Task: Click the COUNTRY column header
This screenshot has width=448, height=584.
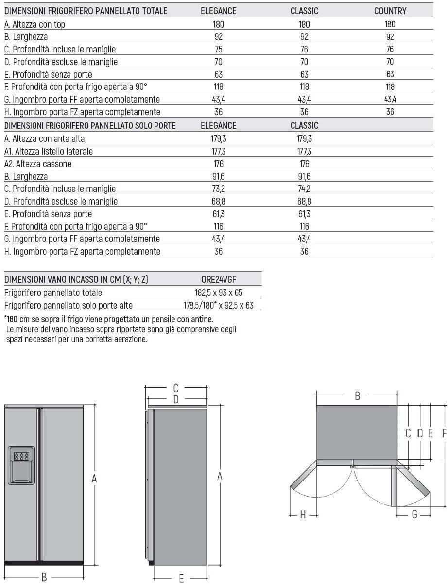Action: [x=390, y=11]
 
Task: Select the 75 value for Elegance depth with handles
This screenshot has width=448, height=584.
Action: [x=218, y=49]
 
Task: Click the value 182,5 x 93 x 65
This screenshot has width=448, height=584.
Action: [x=218, y=292]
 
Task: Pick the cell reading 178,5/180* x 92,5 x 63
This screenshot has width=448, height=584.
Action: [x=218, y=305]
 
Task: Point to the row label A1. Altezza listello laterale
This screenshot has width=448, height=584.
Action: [x=48, y=151]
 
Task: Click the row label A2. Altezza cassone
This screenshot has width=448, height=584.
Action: [x=37, y=164]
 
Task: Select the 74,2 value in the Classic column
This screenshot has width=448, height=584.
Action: [x=304, y=189]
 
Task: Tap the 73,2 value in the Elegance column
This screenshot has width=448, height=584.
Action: [x=218, y=189]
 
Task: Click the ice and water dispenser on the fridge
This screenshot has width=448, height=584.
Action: [x=21, y=465]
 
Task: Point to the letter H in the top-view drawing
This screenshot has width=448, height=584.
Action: [x=302, y=515]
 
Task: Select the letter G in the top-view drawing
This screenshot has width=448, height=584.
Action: [x=414, y=515]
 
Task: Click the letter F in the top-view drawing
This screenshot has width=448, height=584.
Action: [x=444, y=433]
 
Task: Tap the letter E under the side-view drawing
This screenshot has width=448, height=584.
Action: [x=181, y=578]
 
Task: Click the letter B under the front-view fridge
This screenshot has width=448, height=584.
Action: [x=44, y=577]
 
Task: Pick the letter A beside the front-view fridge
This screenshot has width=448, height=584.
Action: [x=95, y=479]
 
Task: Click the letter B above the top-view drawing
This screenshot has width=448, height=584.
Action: [x=357, y=396]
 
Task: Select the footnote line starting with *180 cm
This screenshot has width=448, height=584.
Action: [x=108, y=319]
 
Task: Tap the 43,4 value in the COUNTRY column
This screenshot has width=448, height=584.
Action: [x=390, y=99]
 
